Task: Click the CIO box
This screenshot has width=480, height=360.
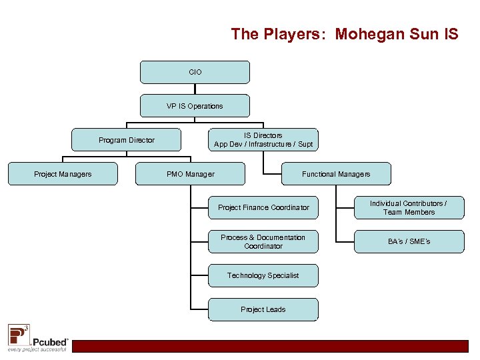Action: [x=195, y=72]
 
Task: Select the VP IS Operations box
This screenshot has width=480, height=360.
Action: [x=195, y=106]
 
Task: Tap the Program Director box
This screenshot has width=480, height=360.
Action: [x=127, y=140]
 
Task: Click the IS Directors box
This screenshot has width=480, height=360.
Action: [x=263, y=140]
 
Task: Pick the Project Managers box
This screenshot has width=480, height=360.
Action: [x=63, y=174]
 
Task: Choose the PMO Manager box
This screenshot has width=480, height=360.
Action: [x=191, y=174]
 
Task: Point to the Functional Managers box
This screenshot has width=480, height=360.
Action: [x=336, y=174]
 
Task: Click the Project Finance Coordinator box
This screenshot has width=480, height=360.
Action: [x=263, y=207]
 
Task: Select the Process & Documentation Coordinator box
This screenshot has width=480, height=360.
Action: [x=263, y=241]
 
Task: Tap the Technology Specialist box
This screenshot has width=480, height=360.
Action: [x=263, y=275]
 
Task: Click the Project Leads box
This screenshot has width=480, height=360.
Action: [x=263, y=309]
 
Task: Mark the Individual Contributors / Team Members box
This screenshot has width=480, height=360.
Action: [x=409, y=207]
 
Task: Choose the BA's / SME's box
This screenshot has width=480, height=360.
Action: [x=409, y=241]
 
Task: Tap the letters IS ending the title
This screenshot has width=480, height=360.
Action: [x=450, y=34]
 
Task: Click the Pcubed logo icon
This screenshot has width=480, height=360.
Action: [x=18, y=333]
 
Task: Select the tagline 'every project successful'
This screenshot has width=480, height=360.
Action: [x=37, y=349]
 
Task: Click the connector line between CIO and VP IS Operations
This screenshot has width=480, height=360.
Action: [x=195, y=89]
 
